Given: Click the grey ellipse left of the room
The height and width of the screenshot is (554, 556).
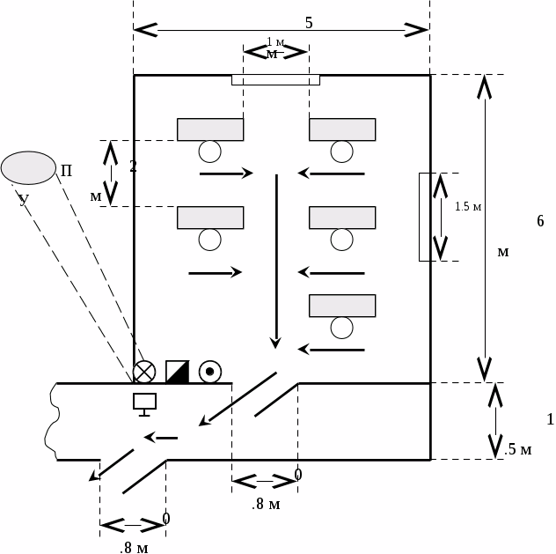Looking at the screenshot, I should pyautogui.click(x=28, y=167).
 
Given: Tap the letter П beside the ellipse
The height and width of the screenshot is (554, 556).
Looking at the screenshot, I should pyautogui.click(x=66, y=170).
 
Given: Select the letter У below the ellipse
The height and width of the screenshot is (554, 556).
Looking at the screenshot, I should pyautogui.click(x=24, y=200).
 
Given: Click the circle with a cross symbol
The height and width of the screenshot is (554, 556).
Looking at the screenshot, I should pyautogui.click(x=144, y=372).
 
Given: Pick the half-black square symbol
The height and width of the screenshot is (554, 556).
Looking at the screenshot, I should pyautogui.click(x=177, y=372).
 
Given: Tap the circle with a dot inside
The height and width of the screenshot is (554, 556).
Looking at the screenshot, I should pyautogui.click(x=209, y=372).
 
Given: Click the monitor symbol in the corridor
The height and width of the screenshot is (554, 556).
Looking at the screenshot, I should pyautogui.click(x=144, y=403).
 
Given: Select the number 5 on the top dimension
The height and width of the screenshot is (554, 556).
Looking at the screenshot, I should pyautogui.click(x=309, y=23).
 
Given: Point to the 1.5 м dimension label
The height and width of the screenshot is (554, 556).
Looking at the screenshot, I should pyautogui.click(x=468, y=207).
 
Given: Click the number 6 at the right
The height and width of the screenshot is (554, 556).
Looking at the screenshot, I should pyautogui.click(x=540, y=221).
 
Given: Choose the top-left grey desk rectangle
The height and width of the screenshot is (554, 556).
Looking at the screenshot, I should pyautogui.click(x=210, y=129).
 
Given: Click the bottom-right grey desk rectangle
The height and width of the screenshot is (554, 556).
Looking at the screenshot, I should pyautogui.click(x=342, y=306).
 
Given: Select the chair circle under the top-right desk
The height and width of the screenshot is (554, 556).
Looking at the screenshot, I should pyautogui.click(x=342, y=151).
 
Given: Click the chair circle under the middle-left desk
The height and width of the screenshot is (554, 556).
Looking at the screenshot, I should pyautogui.click(x=209, y=239).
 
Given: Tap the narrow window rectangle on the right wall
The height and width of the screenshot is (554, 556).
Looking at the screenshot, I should pyautogui.click(x=424, y=217).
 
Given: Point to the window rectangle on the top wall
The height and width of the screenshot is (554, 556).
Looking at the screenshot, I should pyautogui.click(x=275, y=80).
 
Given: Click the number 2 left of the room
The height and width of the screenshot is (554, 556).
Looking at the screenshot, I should pyautogui.click(x=133, y=166).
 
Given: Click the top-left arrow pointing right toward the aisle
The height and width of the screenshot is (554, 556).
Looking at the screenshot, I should pyautogui.click(x=226, y=174).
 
